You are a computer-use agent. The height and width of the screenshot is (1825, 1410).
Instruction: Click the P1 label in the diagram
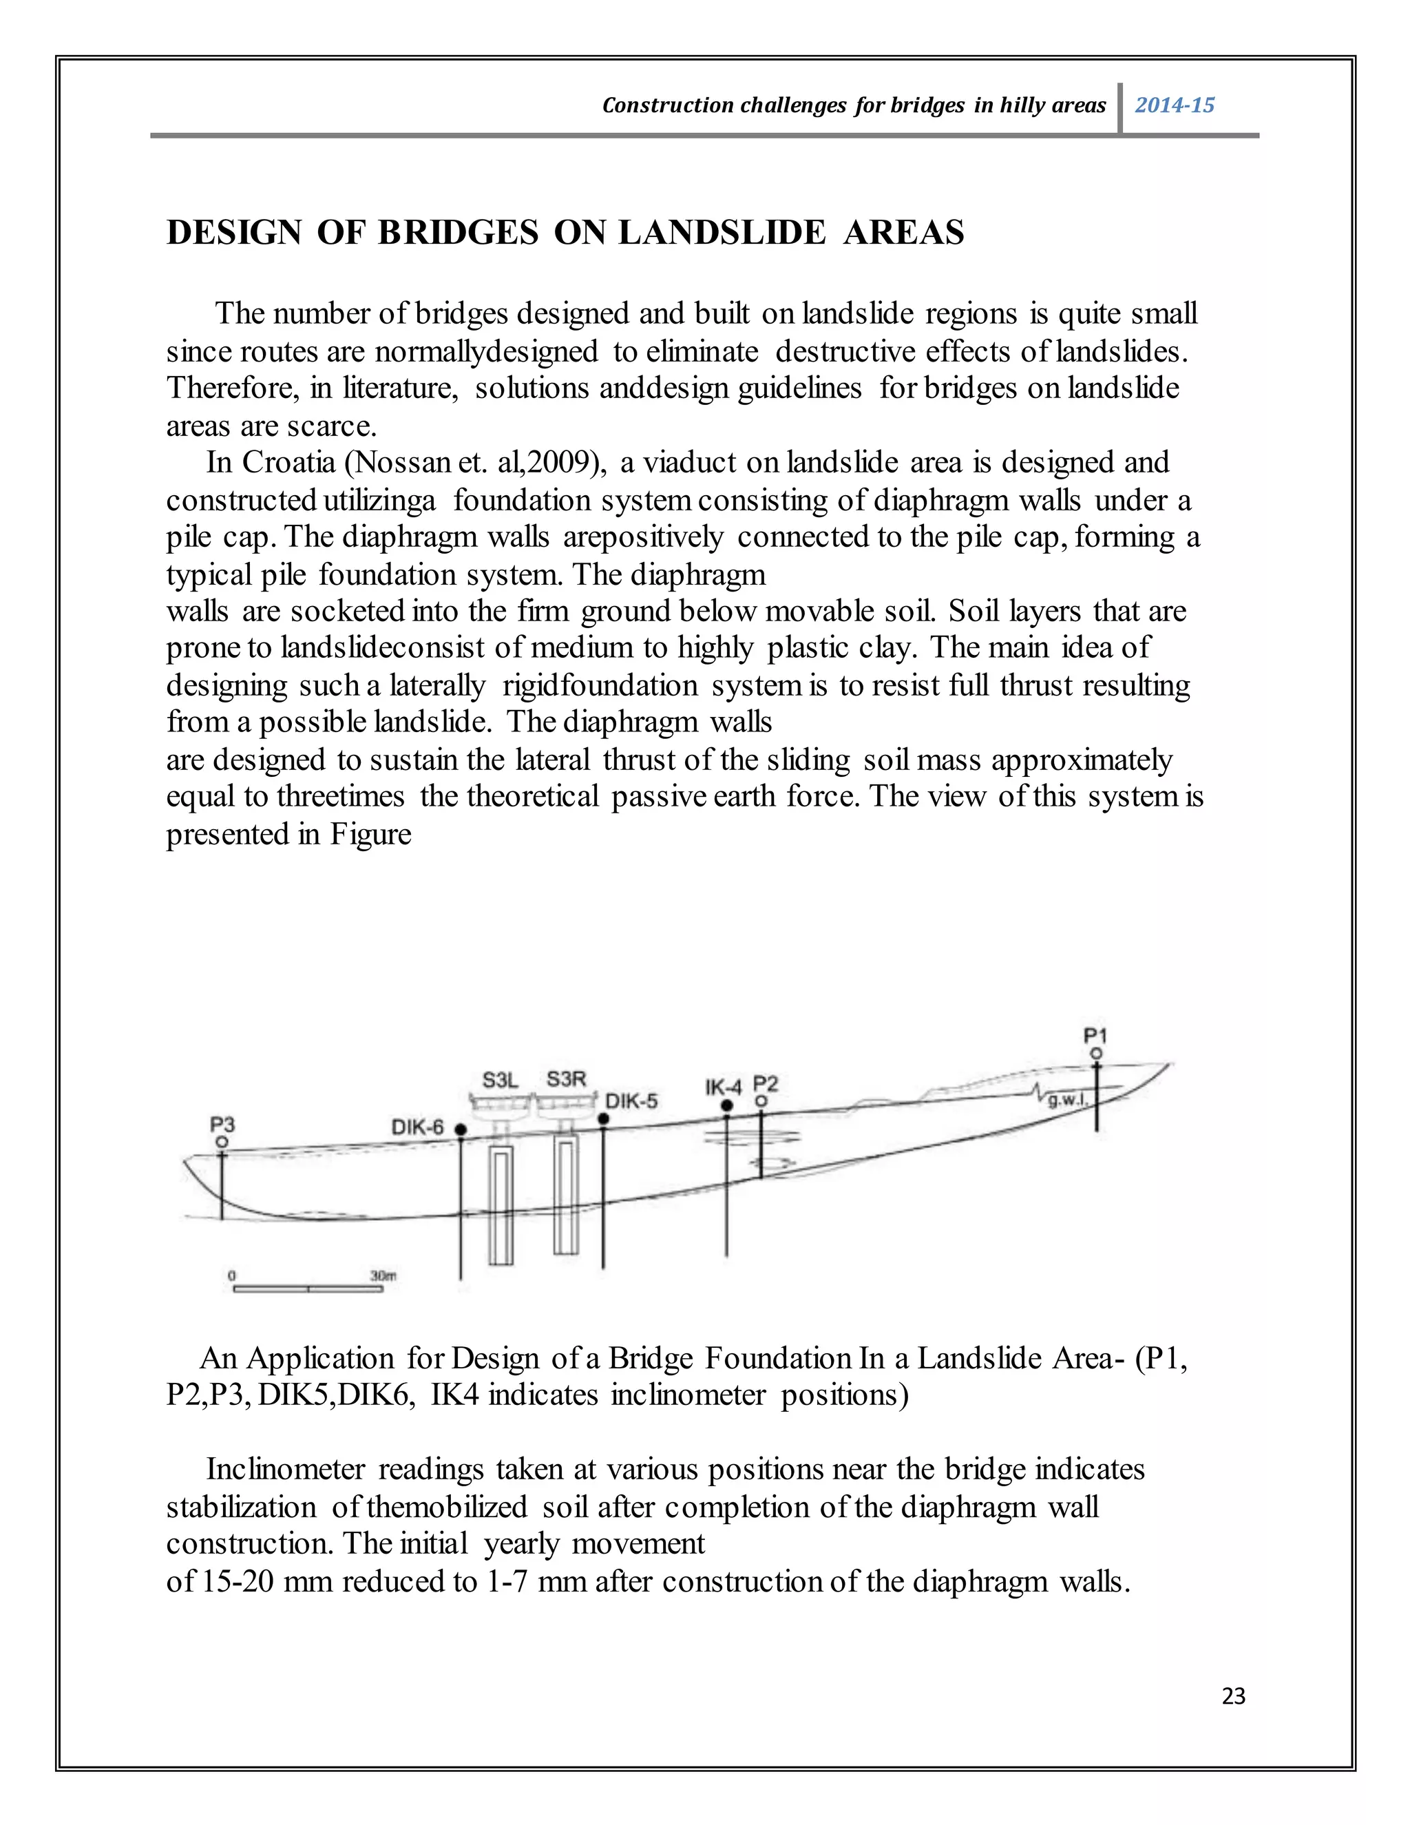tap(1095, 1035)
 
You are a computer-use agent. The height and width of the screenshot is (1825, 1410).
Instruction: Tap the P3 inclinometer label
tap(222, 1125)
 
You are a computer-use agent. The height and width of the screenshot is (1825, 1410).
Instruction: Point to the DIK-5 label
tap(631, 1101)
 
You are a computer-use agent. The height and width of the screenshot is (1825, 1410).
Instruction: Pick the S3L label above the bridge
tap(501, 1080)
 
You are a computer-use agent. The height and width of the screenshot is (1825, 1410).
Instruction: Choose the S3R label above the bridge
tap(567, 1078)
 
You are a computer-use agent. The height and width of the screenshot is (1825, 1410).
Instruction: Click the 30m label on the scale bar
tap(383, 1275)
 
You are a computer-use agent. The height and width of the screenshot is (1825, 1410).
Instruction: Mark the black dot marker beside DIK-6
tap(461, 1129)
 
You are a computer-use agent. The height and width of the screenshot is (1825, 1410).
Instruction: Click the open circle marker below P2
tap(761, 1102)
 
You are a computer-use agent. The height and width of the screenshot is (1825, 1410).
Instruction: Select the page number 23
tap(1233, 1696)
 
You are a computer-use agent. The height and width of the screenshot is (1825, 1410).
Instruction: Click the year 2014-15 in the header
tap(1174, 105)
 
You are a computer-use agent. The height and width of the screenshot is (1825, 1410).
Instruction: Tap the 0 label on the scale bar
tap(232, 1275)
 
